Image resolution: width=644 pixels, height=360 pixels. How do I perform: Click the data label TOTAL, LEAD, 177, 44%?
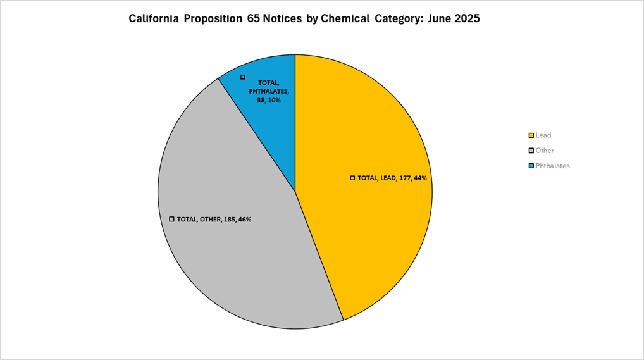tap(392, 178)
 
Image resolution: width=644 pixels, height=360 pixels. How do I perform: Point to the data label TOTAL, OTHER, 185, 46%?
tap(214, 220)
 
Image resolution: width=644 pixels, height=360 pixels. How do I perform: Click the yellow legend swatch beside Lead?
tap(531, 135)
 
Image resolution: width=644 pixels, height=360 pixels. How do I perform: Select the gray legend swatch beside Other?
tap(531, 151)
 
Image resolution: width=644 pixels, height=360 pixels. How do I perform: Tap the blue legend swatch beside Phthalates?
tap(531, 166)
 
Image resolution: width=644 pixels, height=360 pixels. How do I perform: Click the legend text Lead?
tap(543, 135)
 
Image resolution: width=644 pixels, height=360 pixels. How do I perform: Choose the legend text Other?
tap(545, 151)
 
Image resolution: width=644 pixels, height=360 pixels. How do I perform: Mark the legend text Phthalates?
tap(552, 166)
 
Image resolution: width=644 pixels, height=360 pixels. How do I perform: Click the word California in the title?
tap(153, 19)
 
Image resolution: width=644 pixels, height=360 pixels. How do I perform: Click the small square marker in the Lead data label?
tap(352, 178)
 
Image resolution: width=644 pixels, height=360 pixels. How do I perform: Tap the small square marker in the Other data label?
tap(171, 219)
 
